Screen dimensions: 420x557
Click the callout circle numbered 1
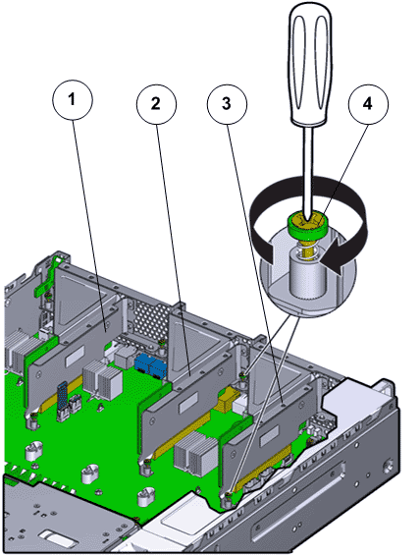(73, 100)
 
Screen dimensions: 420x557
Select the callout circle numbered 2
(156, 104)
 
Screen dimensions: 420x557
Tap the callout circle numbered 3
(227, 104)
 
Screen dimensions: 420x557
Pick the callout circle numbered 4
(368, 104)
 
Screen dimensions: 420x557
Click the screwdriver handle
(311, 64)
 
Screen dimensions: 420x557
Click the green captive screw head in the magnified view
(307, 225)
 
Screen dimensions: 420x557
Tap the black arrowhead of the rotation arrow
(336, 255)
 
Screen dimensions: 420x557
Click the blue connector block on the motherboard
(151, 365)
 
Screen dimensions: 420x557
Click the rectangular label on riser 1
(75, 357)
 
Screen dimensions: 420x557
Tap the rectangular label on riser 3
(269, 436)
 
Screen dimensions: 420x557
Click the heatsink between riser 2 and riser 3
(195, 455)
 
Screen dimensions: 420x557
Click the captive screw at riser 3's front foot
(227, 494)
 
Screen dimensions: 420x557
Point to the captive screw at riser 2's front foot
(146, 462)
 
